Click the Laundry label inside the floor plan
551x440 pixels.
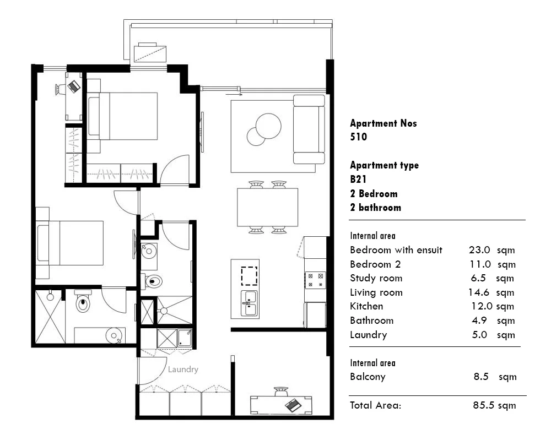point(183,370)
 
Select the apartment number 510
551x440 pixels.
point(358,137)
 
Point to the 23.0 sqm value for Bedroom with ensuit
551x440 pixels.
point(491,250)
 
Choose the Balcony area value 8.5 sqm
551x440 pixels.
point(495,377)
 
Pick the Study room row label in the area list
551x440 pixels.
point(376,278)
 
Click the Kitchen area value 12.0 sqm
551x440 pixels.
point(491,306)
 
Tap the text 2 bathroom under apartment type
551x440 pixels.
point(375,208)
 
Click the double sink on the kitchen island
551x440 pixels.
point(249,302)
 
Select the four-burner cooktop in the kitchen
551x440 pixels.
point(315,280)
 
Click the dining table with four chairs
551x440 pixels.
point(267,207)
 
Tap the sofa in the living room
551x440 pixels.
point(309,129)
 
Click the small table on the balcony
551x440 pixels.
point(150,52)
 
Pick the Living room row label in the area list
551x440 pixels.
point(376,292)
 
